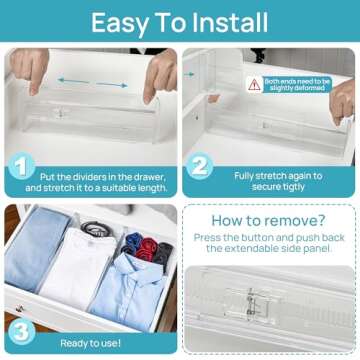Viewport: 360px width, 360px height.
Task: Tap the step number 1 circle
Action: point(21,166)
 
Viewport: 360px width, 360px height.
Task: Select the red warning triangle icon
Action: point(255,85)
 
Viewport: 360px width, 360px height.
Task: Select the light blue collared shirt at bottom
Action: point(128,295)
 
